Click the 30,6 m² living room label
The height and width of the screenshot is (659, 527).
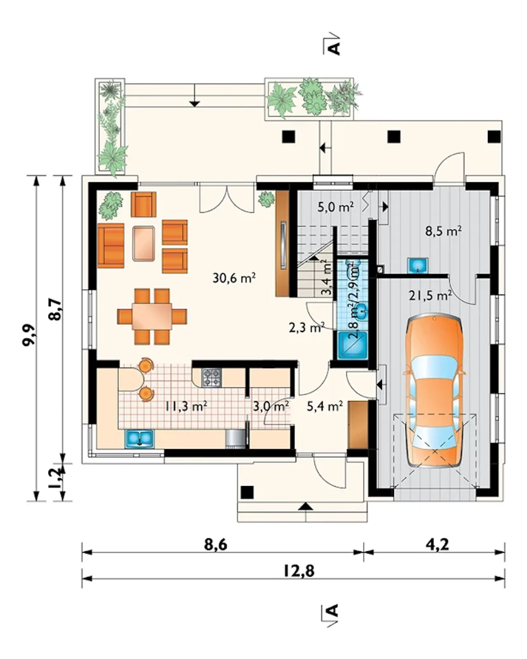[234, 278]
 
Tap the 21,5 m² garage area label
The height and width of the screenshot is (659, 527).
[430, 296]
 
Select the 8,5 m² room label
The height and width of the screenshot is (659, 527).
[443, 231]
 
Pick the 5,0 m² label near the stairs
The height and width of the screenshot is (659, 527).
[336, 207]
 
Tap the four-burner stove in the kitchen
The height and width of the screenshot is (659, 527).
[211, 377]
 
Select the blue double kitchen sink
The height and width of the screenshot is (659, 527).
[139, 439]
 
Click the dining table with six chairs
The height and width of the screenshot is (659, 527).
[152, 317]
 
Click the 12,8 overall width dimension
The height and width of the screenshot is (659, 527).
[299, 571]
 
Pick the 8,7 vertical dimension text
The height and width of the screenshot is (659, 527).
[56, 310]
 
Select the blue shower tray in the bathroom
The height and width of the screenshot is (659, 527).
[352, 346]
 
